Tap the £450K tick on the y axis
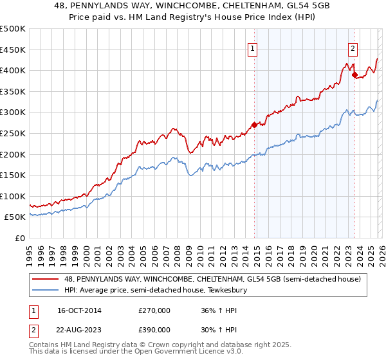point(13,50)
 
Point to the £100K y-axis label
point(13,196)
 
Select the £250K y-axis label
point(13,133)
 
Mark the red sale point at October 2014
point(254,125)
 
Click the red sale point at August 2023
point(354,75)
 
